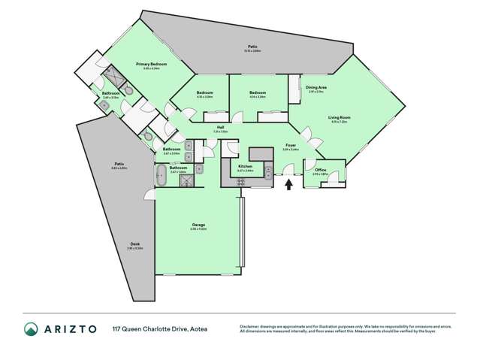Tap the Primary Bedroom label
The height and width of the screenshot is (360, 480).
tap(151, 65)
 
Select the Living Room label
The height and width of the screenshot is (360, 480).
tap(340, 117)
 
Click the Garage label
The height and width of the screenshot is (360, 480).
tap(198, 225)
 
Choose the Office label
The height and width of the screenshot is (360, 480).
tap(321, 170)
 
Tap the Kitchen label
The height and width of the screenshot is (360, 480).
tap(245, 165)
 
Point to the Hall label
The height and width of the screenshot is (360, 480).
tap(221, 129)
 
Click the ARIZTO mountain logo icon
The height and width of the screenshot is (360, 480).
tap(32, 328)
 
